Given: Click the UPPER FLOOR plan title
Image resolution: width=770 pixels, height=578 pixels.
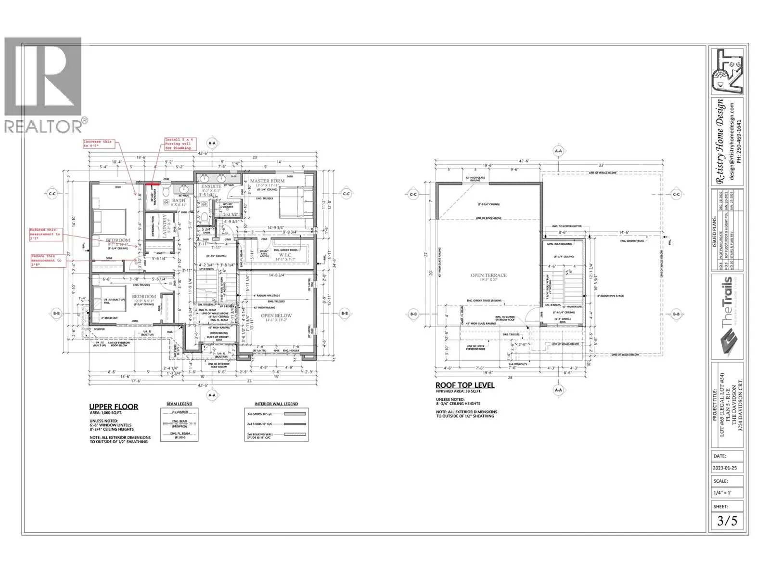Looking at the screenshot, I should tap(114, 407).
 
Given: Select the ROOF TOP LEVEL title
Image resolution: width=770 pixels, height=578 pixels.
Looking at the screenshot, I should tap(465, 385).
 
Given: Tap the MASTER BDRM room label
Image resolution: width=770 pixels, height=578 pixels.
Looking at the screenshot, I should tap(267, 181).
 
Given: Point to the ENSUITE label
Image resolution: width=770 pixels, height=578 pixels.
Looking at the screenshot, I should tap(211, 186).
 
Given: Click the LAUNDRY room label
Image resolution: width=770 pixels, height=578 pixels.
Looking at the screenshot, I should tap(165, 226).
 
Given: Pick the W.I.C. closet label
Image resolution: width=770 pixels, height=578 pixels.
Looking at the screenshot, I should tap(285, 255).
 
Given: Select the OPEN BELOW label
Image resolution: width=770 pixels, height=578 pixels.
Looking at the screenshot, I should tap(276, 316).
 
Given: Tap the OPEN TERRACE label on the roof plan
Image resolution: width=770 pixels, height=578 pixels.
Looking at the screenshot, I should tap(488, 276).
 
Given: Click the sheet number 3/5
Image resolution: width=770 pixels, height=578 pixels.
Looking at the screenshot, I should tap(727, 521).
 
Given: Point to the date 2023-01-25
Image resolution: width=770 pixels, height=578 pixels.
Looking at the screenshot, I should tap(724, 468).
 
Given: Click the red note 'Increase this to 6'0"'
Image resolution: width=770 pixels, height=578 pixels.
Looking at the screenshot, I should tap(98, 144).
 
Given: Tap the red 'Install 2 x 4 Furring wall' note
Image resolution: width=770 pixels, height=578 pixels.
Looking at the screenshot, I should tap(178, 144).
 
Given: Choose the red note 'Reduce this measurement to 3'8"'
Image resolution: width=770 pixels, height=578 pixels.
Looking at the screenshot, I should tap(47, 261).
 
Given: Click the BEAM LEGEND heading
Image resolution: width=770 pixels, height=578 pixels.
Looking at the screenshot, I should tap(179, 404).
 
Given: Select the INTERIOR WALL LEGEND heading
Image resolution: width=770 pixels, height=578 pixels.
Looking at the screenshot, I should tap(276, 404).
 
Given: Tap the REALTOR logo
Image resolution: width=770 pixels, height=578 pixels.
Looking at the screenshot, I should tap(43, 84).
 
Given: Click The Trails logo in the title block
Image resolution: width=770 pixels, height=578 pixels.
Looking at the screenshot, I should tap(728, 315).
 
